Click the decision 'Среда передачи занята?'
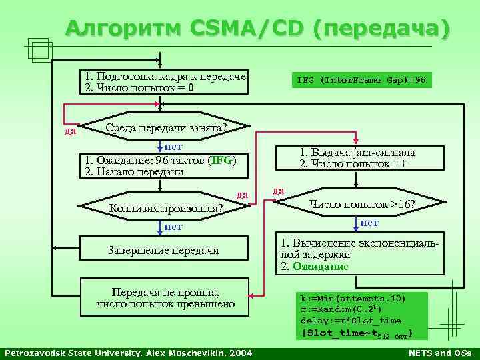[167, 127]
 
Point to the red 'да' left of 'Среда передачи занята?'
[69, 131]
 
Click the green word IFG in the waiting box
[221, 160]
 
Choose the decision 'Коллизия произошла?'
[167, 207]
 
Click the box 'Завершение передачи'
[164, 250]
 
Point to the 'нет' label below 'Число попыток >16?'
[369, 223]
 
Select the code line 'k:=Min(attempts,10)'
[353, 297]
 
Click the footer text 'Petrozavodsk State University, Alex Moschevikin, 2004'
[128, 352]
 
